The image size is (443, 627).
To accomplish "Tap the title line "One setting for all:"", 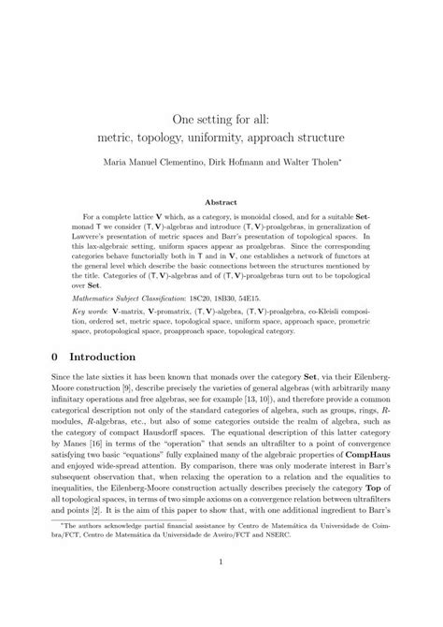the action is (x=221, y=120).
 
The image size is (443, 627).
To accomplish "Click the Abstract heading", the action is (x=221, y=201).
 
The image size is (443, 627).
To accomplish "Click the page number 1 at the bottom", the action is (x=221, y=588).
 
